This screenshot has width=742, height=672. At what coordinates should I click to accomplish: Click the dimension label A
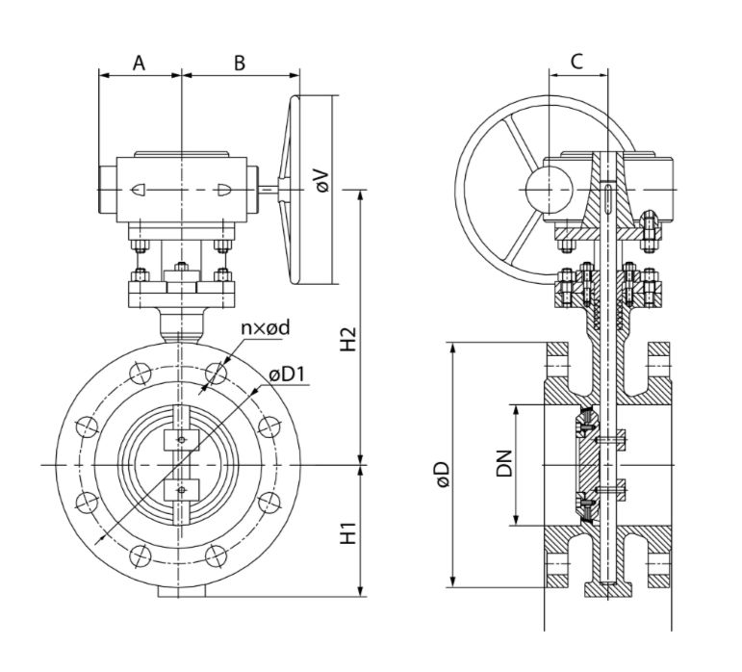[x=139, y=63]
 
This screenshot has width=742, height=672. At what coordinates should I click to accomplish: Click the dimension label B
[x=240, y=63]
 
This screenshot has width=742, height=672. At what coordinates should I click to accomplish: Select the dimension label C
[x=576, y=61]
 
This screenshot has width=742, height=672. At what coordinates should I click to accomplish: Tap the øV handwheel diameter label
[x=322, y=180]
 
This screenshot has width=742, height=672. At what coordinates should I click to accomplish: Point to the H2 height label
[x=348, y=338]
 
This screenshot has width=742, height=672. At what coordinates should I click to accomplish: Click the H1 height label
[x=348, y=533]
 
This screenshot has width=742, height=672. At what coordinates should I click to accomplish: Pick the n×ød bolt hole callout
[x=265, y=327]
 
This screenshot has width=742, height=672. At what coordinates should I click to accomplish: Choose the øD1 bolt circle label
[x=287, y=375]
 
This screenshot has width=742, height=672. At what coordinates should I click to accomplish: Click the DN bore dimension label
[x=504, y=464]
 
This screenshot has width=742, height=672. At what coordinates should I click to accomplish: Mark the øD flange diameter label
[x=444, y=475]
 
